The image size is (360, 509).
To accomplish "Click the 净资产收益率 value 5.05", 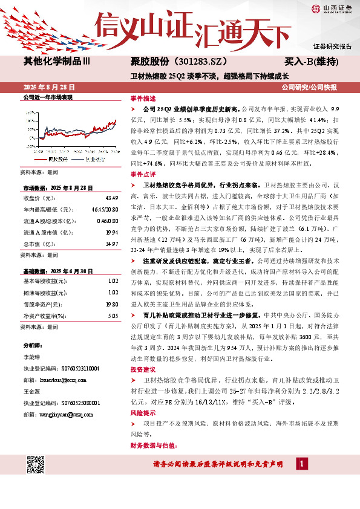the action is (113, 316).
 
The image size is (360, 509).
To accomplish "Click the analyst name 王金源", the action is (31, 392).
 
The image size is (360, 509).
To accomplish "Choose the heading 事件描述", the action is (143, 98).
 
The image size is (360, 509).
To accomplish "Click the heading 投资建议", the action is (143, 368).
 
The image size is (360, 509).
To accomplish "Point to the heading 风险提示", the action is (143, 412).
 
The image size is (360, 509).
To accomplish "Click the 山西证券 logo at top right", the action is (330, 9).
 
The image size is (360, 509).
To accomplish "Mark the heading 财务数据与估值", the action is (151, 446).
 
